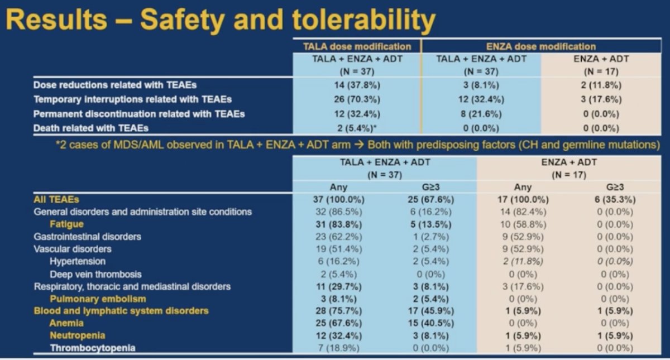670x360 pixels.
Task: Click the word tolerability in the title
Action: point(364,20)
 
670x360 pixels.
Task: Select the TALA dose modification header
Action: point(357,47)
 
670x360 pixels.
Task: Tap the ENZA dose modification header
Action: point(541,47)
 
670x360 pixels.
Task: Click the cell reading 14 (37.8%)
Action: point(357,85)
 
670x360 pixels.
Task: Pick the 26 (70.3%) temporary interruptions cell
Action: point(357,99)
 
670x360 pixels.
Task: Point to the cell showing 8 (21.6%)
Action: point(481,114)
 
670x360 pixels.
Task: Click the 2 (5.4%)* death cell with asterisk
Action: point(357,128)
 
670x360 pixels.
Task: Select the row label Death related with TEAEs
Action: point(91,128)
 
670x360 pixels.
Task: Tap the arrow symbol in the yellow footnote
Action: point(358,145)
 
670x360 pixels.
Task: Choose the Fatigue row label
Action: point(66,224)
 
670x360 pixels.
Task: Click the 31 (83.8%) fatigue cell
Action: point(338,224)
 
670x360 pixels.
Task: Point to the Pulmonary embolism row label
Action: point(98,299)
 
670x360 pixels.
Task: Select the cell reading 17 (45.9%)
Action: point(431,311)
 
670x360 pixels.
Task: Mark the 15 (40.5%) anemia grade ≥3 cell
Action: point(431,324)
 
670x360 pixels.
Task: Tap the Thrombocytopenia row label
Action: point(93,348)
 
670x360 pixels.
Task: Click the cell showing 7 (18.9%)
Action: point(338,348)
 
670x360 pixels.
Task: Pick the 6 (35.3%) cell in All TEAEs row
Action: point(615,200)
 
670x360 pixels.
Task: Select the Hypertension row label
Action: point(78,261)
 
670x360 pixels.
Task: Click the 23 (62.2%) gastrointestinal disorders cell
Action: point(338,237)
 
